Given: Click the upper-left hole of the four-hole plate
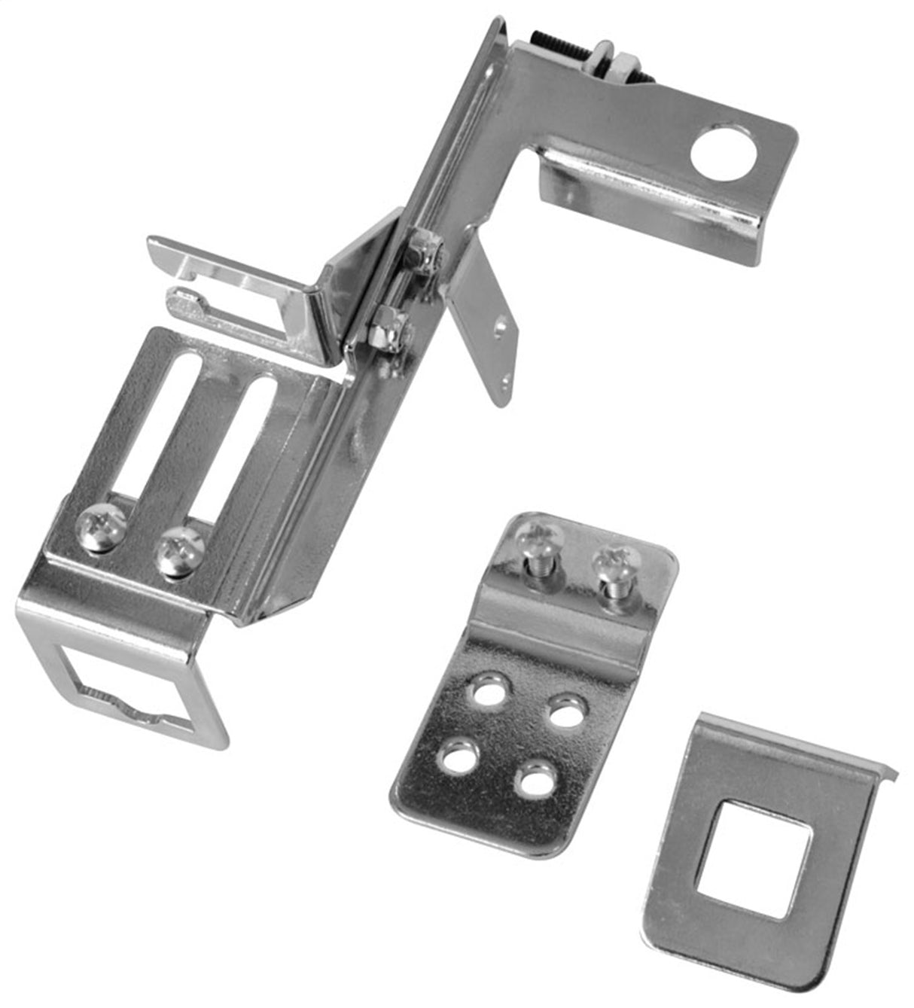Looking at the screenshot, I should pyautogui.click(x=489, y=690).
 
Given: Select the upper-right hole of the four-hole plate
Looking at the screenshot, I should pyautogui.click(x=567, y=711).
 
